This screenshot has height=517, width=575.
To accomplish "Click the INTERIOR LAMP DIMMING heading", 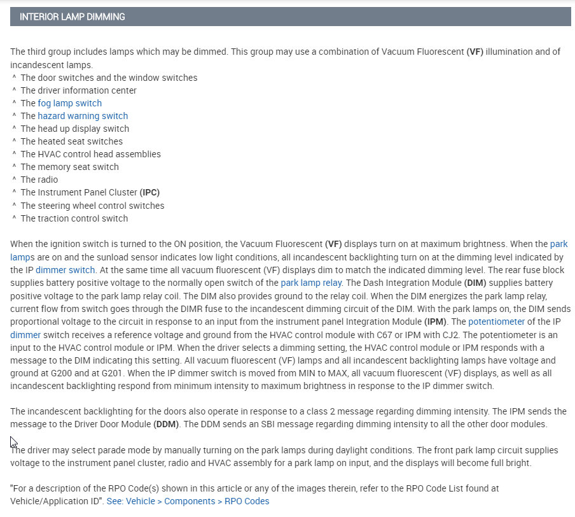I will coord(73,17).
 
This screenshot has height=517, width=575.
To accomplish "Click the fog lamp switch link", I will coord(69,103).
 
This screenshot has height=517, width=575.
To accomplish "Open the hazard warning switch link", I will coord(83,116).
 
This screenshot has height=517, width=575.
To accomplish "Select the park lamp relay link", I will coord(311,283).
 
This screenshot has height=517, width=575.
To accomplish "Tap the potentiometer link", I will coord(497,322).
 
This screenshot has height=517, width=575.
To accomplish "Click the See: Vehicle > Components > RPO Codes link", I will coord(188,501).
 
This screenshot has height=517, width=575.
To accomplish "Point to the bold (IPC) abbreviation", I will coord(149,192).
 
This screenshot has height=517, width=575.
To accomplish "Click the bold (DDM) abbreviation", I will coord(165,424).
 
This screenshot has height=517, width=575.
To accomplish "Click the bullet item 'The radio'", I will coord(39,180).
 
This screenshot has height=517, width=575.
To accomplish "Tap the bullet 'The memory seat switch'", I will coord(69,167).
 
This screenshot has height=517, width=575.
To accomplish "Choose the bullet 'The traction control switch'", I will coord(74,218).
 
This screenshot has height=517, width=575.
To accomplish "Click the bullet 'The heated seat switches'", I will coord(71,141).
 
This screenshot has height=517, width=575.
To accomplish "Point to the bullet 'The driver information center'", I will coord(78,90).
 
